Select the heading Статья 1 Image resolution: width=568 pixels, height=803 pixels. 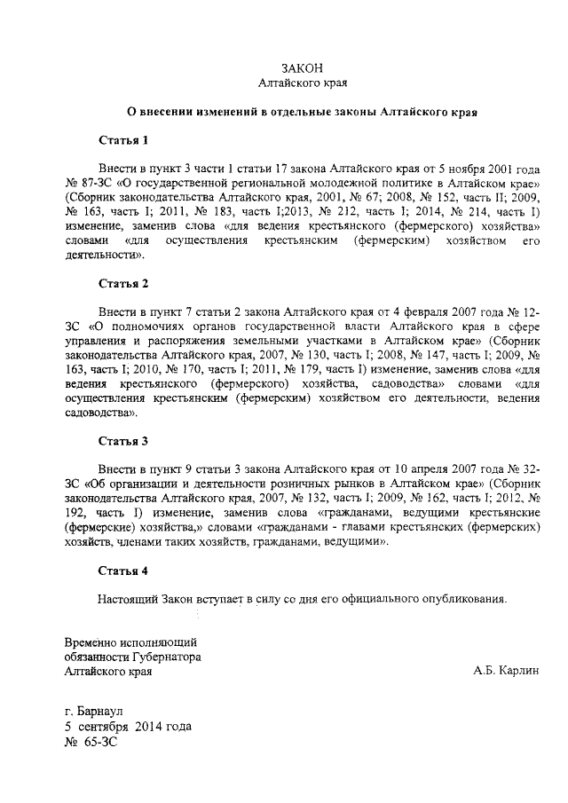tap(123, 140)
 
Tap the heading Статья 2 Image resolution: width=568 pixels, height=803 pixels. tap(123, 284)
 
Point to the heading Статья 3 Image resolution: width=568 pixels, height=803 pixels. tap(123, 440)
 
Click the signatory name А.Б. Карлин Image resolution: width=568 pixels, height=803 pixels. tap(506, 672)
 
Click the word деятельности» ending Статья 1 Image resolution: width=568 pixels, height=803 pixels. tap(104, 254)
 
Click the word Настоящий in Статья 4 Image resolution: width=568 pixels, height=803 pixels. tap(126, 598)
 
